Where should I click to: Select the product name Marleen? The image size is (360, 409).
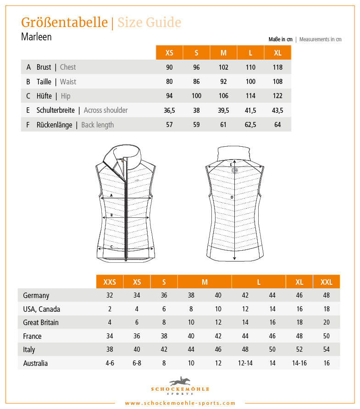36,37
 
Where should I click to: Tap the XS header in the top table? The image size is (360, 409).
169,53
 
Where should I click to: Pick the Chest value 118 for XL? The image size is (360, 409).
277,67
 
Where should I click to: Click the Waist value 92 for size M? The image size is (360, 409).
223,82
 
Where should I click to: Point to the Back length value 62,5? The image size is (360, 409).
250,125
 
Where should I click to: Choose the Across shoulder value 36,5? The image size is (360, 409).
169,111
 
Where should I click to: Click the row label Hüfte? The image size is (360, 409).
44,96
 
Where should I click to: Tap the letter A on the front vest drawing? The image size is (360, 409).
111,195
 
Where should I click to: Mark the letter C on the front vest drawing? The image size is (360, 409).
111,247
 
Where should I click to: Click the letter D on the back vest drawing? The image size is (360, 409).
232,198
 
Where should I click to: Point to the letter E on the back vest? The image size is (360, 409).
231,164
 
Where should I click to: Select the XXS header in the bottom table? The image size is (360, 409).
110,282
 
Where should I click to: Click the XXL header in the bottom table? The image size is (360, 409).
327,282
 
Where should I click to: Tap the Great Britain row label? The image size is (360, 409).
41,322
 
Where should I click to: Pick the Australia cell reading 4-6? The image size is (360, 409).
110,363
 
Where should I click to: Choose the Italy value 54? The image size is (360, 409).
327,349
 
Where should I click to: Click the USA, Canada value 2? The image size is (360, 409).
110,309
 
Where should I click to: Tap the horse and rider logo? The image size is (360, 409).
180,381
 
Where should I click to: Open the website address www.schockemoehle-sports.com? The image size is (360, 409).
180,403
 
